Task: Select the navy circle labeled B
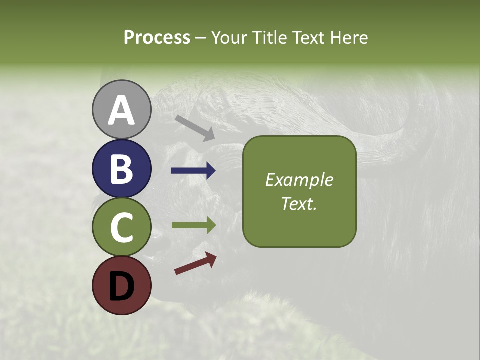(121, 168)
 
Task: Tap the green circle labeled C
(121, 227)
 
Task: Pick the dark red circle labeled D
(121, 285)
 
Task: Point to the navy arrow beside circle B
(193, 171)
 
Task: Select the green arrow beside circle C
(193, 225)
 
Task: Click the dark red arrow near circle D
(195, 264)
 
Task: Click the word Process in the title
(157, 37)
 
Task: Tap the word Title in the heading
(269, 37)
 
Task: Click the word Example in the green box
(299, 180)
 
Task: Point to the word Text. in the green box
(299, 204)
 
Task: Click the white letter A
(121, 110)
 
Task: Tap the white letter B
(121, 169)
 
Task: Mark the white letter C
(121, 227)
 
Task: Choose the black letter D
(121, 286)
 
